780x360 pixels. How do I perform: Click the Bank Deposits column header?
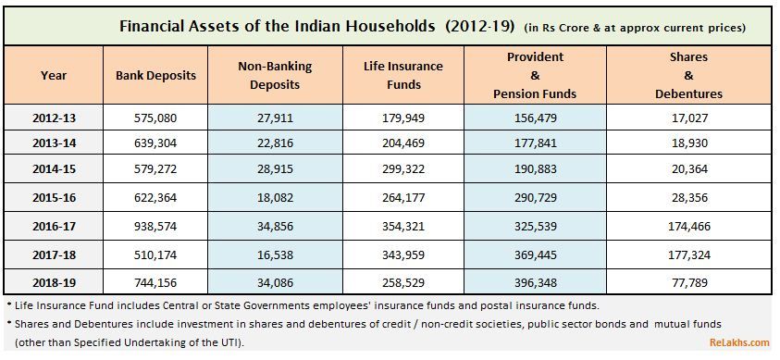coord(156,75)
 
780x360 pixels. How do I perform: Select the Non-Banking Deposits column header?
coord(275,75)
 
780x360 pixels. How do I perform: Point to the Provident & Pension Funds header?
coord(535,75)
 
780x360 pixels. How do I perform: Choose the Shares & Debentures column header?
coord(688,75)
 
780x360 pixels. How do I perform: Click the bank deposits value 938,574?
coord(156,226)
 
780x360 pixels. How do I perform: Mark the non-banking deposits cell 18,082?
coord(275,198)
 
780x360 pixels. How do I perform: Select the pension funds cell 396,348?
coord(535,279)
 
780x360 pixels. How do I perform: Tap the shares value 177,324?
coord(688,253)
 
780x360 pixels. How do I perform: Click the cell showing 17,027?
coord(688,118)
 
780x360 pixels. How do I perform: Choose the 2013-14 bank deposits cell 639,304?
coord(156,144)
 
